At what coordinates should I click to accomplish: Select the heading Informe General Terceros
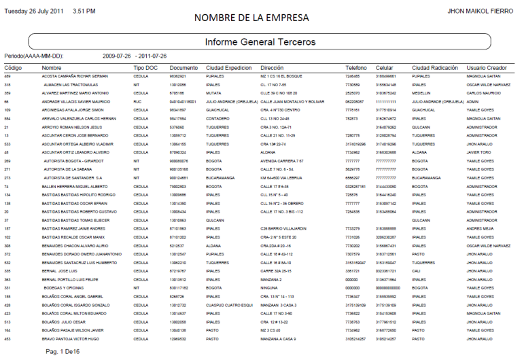260,42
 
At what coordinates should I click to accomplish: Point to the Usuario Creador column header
487,69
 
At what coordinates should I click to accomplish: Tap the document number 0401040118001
184,101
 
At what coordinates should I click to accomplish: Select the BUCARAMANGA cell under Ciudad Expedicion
222,177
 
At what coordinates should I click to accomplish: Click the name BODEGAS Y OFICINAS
66,288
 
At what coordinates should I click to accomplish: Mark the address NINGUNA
271,288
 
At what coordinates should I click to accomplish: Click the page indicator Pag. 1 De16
62,351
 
